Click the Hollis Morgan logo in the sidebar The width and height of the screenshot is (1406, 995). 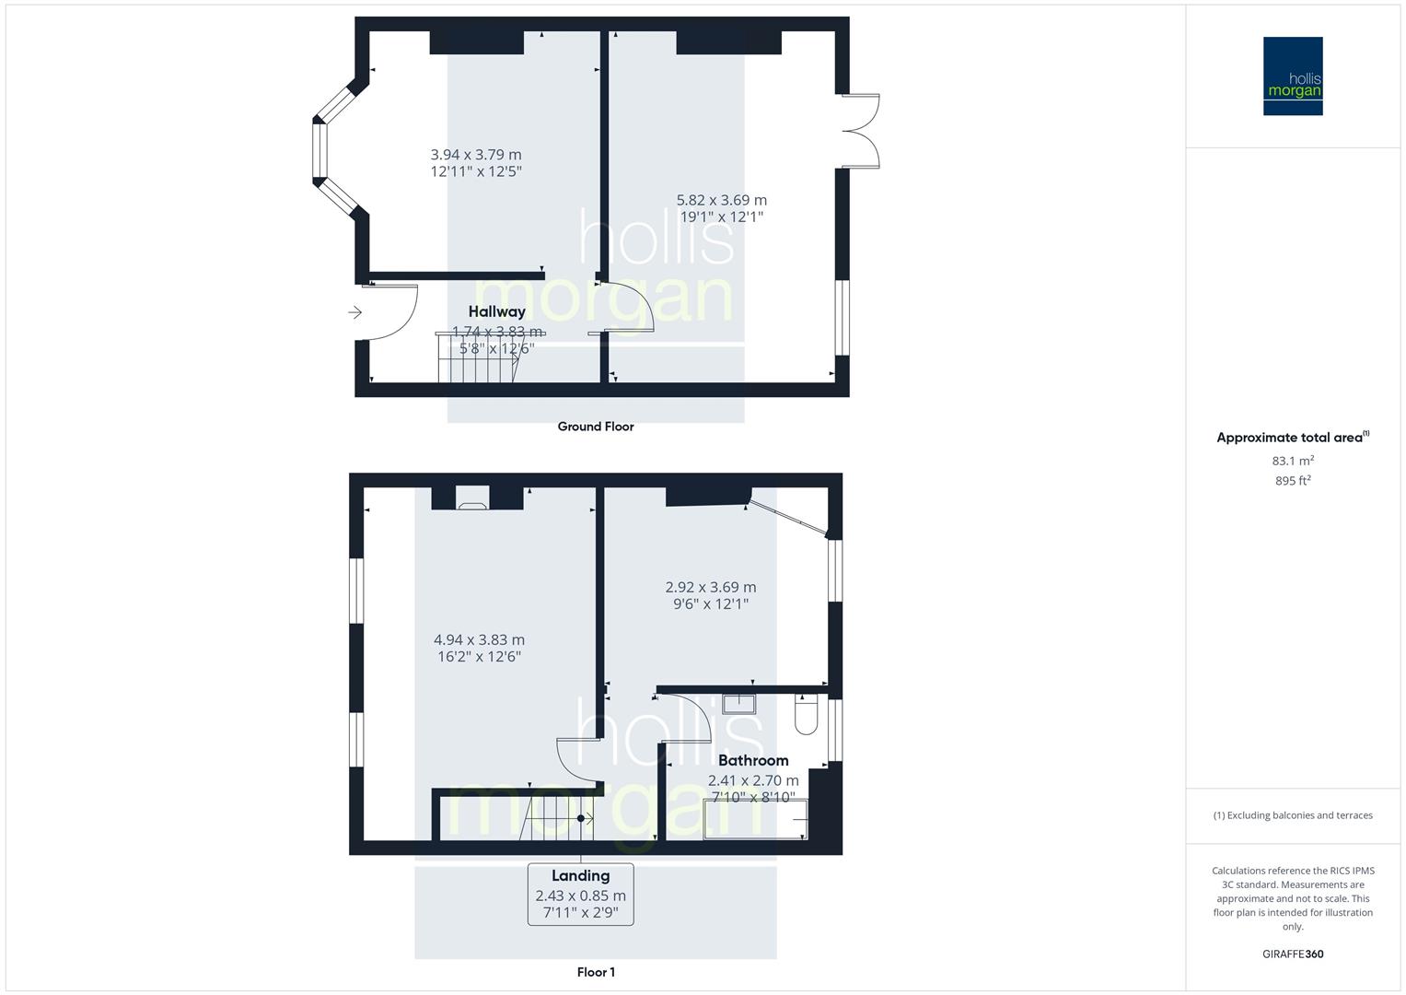1292,76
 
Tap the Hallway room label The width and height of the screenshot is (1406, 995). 496,311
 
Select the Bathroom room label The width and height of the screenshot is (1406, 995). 752,760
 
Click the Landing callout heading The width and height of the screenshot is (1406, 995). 580,875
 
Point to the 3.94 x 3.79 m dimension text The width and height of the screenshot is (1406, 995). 475,155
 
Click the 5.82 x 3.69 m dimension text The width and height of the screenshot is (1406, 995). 721,200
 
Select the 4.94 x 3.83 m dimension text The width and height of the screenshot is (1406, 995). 479,639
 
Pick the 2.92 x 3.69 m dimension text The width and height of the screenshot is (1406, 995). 710,587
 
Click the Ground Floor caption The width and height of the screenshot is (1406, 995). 595,427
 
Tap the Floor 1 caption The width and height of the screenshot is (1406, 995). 595,972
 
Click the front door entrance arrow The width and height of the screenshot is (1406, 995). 355,313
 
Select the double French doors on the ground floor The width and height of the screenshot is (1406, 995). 862,131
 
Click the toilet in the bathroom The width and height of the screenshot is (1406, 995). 805,715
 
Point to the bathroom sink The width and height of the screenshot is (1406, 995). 738,704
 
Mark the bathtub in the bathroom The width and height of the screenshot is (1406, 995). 755,819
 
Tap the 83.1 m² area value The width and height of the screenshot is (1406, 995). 1292,461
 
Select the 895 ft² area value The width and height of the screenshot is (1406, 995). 1292,481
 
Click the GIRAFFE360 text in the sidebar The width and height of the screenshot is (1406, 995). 1292,954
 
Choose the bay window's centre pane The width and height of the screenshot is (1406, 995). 320,150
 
